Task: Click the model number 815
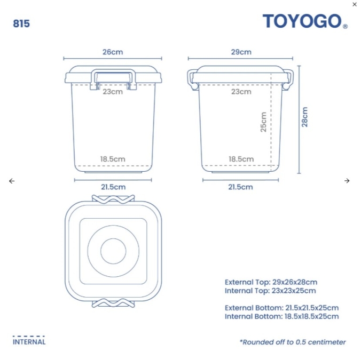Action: click(21, 23)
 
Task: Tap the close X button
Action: click(355, 4)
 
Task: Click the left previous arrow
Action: click(12, 181)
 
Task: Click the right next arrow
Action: click(347, 181)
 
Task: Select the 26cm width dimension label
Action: click(113, 52)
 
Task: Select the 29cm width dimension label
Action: click(241, 52)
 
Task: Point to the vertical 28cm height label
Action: click(305, 117)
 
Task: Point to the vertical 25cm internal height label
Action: click(263, 122)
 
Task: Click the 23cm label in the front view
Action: click(113, 91)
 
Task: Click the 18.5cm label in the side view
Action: click(241, 159)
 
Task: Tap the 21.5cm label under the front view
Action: click(113, 187)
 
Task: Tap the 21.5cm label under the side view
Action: click(241, 187)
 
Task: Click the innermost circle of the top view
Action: click(113, 251)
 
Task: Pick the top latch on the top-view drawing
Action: click(113, 198)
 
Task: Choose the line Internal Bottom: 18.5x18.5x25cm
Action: click(281, 316)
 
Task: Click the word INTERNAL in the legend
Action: click(29, 342)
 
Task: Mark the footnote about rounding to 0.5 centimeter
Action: click(293, 342)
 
